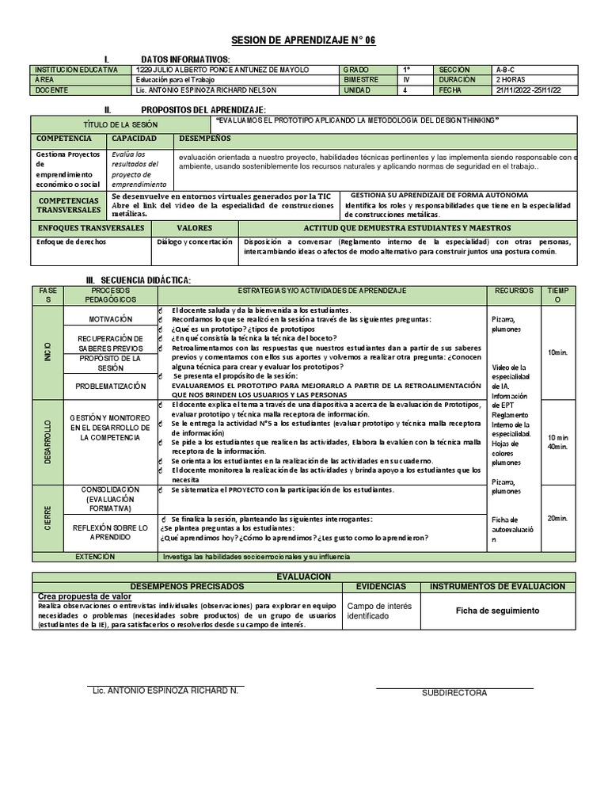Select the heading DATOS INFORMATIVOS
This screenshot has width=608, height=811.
pyautogui.click(x=185, y=60)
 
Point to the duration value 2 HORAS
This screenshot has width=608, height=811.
pyautogui.click(x=511, y=80)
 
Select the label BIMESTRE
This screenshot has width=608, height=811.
pyautogui.click(x=362, y=80)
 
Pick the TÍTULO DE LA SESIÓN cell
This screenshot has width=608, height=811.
pyautogui.click(x=120, y=125)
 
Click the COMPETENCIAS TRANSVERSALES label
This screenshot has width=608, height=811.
pyautogui.click(x=69, y=205)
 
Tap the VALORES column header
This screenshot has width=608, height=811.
pyautogui.click(x=194, y=228)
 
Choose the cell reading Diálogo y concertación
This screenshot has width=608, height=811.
pyautogui.click(x=195, y=242)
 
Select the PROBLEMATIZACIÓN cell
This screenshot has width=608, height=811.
pyautogui.click(x=111, y=386)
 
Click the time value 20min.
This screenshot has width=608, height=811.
pyautogui.click(x=558, y=518)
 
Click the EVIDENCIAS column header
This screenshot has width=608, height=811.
pyautogui.click(x=381, y=586)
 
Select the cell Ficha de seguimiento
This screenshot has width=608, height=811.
pyautogui.click(x=498, y=611)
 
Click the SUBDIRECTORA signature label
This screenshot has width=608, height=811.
pyautogui.click(x=454, y=693)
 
